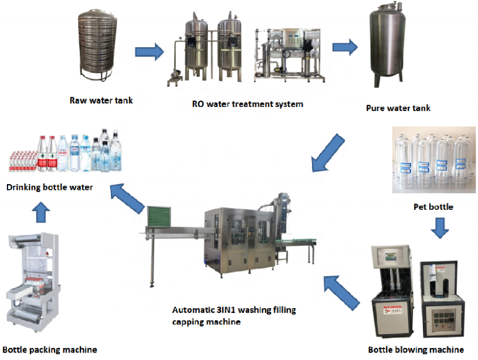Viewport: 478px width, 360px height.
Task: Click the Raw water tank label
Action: (101, 101)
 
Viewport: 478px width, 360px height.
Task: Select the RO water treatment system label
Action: (248, 104)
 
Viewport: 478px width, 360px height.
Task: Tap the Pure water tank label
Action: (398, 108)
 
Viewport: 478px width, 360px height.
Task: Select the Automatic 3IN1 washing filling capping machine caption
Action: (234, 316)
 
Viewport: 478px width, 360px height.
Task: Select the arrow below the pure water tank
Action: (327, 151)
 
